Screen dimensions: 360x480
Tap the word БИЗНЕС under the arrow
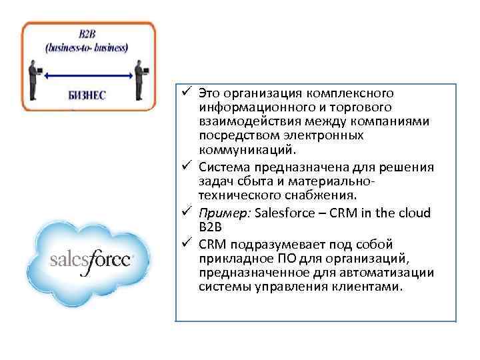tap(89, 95)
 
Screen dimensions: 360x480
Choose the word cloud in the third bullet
tap(417, 213)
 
